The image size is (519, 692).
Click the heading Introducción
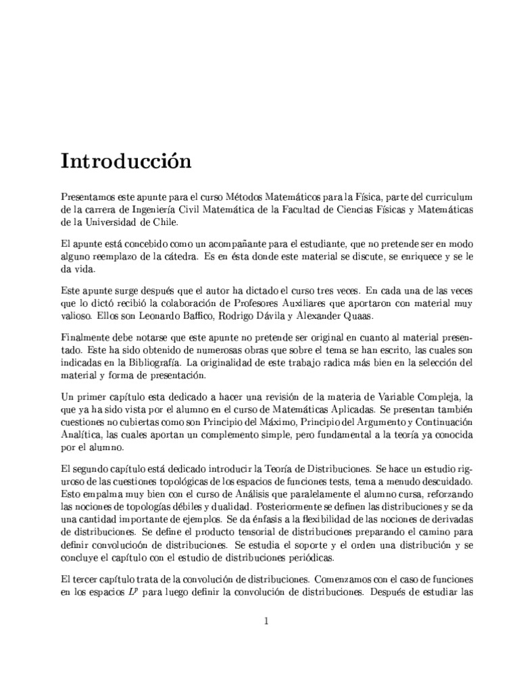point(126,162)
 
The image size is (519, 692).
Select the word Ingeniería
point(174,209)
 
